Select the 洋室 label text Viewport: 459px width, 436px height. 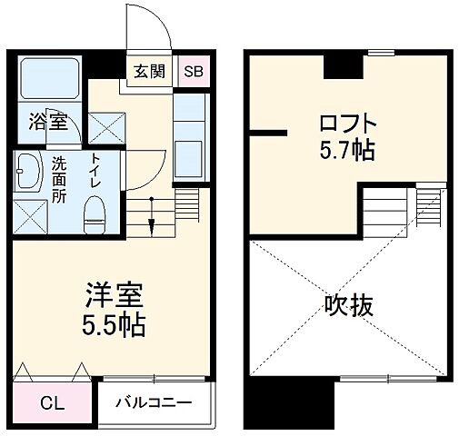coord(114,296)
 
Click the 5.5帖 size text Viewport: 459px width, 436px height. coord(114,322)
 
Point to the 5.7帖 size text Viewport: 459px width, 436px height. coord(347,150)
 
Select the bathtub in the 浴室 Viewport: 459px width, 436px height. coord(49,83)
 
